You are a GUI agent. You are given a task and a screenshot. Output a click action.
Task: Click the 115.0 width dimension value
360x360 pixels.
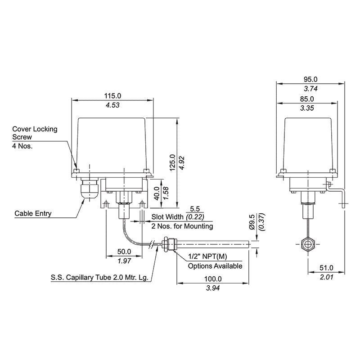(x=112, y=96)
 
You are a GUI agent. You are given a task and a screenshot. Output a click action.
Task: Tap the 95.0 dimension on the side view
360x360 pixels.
(x=310, y=79)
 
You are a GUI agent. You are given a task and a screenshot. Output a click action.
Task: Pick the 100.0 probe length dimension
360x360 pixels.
(x=212, y=279)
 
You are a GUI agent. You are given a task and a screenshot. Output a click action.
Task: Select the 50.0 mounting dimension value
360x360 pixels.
(x=124, y=252)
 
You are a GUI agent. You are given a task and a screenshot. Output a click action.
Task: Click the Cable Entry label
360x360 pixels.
(x=33, y=213)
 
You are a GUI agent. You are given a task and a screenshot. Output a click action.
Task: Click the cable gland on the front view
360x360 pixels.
(x=89, y=189)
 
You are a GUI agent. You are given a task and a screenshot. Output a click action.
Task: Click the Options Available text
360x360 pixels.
(x=215, y=266)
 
